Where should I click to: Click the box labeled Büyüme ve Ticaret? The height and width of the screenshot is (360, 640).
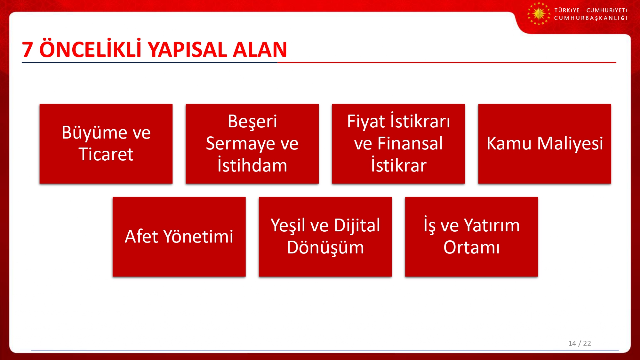[x=106, y=144]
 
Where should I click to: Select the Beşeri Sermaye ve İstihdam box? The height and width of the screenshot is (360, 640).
[x=252, y=144]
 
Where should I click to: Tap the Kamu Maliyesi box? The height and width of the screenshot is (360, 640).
[x=545, y=144]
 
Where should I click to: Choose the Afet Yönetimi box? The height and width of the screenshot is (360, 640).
[x=179, y=237]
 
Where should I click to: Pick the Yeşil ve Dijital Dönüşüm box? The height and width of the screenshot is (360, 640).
[x=325, y=237]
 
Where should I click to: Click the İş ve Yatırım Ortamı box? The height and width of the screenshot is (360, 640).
[x=472, y=237]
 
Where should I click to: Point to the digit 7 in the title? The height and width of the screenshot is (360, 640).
[x=28, y=50]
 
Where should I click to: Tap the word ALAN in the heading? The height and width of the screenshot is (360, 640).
[x=260, y=50]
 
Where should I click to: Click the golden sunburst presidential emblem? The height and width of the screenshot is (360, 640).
[x=539, y=14]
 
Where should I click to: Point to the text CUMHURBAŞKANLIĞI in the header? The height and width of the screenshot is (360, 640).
[x=591, y=18]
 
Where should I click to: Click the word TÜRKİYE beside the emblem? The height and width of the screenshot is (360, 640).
[x=567, y=10]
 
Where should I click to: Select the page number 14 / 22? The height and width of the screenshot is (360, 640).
[x=580, y=343]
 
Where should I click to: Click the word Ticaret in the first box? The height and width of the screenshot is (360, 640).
[x=106, y=154]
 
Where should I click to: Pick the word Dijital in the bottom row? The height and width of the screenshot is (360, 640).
[x=357, y=226]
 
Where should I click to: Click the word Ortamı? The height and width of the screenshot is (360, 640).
[x=472, y=247]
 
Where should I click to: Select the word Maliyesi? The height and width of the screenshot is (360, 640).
[x=570, y=144]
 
